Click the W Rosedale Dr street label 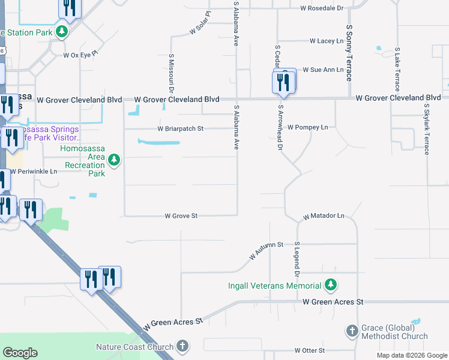[321, 8]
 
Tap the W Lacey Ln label [327, 41]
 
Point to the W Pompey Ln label [308, 127]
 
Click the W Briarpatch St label [181, 128]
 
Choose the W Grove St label [181, 215]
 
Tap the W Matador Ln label [324, 215]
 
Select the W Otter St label [309, 350]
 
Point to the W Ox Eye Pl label [80, 55]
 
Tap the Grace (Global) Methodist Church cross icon [352, 331]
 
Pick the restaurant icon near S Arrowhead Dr [283, 82]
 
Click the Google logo [20, 353]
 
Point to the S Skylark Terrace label [427, 129]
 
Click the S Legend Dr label [297, 259]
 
